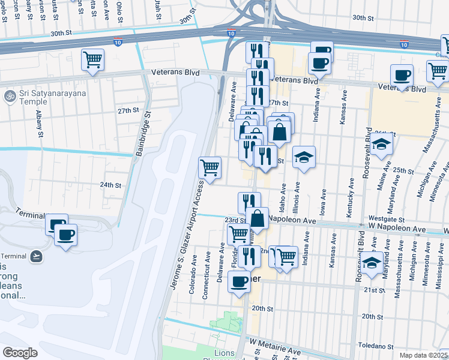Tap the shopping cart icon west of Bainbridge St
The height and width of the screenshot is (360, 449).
92,59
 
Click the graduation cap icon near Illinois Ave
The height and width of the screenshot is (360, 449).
304,157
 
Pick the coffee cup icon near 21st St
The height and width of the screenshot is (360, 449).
239,281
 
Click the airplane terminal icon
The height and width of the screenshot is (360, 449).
37,256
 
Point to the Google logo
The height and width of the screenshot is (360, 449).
20,352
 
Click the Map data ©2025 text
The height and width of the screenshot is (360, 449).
424,355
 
